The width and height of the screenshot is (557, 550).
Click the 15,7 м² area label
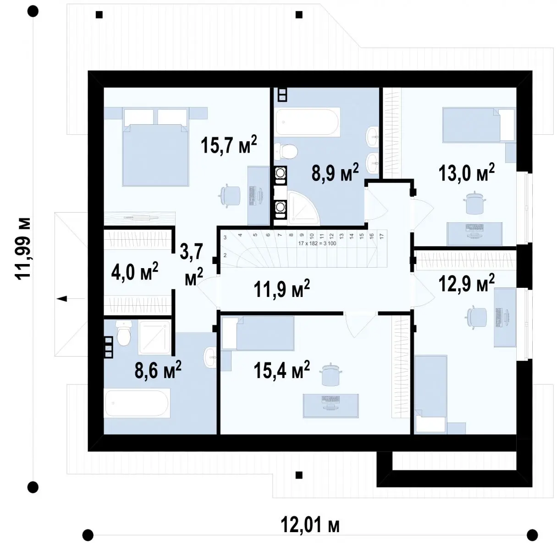click(x=228, y=144)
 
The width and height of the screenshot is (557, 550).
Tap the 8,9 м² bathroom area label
click(x=335, y=172)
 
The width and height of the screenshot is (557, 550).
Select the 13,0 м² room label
click(x=466, y=172)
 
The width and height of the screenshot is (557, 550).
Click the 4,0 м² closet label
click(x=134, y=271)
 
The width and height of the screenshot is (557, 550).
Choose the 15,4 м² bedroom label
click(x=281, y=370)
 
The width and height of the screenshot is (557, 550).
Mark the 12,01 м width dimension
click(x=310, y=525)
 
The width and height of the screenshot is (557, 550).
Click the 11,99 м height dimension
click(x=22, y=249)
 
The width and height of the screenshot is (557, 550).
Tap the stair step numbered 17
click(x=381, y=236)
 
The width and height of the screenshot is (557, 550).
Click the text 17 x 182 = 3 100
click(x=317, y=244)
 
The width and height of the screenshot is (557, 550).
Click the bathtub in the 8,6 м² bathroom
click(x=137, y=403)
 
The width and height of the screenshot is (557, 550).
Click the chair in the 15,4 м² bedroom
click(x=330, y=374)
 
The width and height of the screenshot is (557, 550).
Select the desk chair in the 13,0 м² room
click(x=474, y=202)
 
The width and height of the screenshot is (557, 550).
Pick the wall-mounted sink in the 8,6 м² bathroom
click(x=210, y=357)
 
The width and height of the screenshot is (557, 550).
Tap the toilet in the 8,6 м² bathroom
click(x=124, y=333)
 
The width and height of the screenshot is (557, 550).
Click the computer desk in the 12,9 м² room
click(x=505, y=317)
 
